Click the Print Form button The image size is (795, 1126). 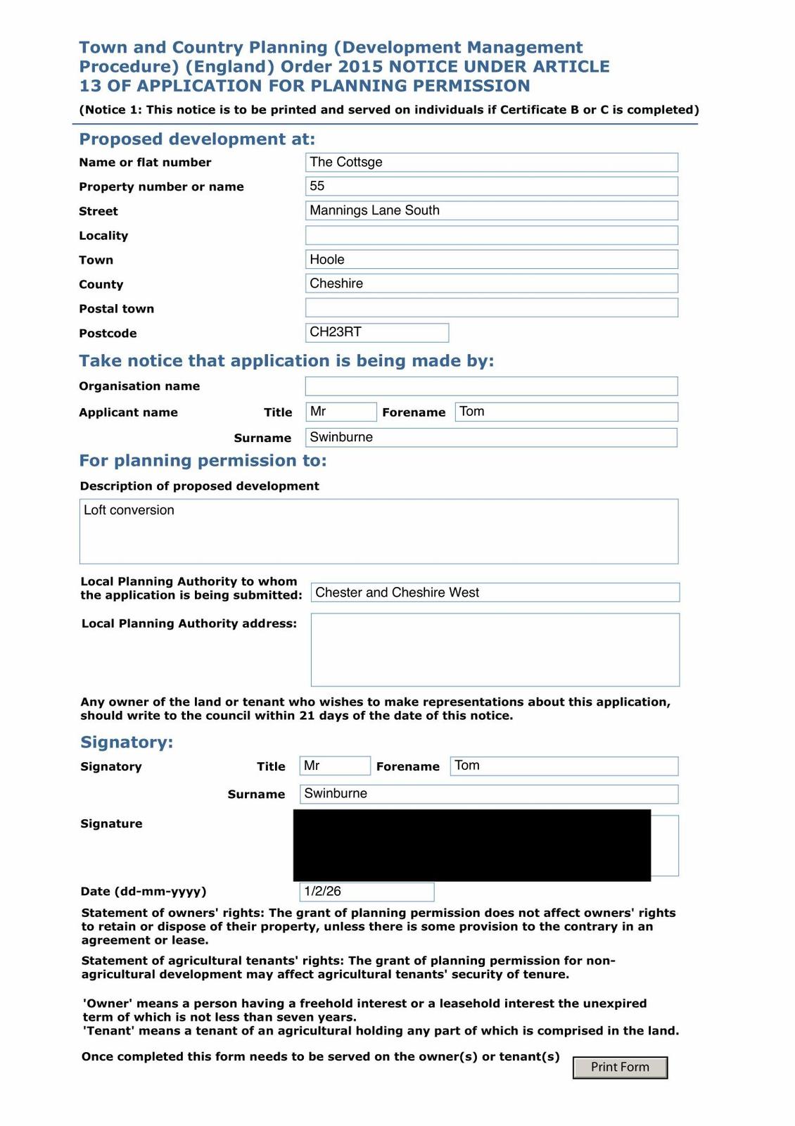coord(620,1067)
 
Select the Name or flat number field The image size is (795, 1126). coord(491,163)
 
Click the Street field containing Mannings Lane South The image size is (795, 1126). coord(491,210)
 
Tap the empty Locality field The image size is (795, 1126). coord(491,235)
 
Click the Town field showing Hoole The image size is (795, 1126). coord(491,260)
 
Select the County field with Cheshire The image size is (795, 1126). coord(491,284)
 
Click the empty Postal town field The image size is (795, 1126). coord(491,308)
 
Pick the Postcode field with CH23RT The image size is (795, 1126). coord(377,332)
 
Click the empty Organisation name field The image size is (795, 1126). coord(491,386)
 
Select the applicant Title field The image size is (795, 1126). coord(341,412)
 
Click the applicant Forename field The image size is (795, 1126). coord(566,412)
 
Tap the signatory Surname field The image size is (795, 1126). coord(489,794)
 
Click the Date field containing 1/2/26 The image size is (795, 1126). coord(367,892)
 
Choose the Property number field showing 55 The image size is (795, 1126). coord(491,186)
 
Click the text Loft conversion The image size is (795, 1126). coord(129,510)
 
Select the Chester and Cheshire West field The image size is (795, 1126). coord(495,593)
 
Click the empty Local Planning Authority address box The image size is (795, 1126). coord(495,650)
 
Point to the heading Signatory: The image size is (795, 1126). coord(127,742)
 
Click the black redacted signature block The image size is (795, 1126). coord(471,845)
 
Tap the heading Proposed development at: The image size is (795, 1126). coord(197,139)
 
